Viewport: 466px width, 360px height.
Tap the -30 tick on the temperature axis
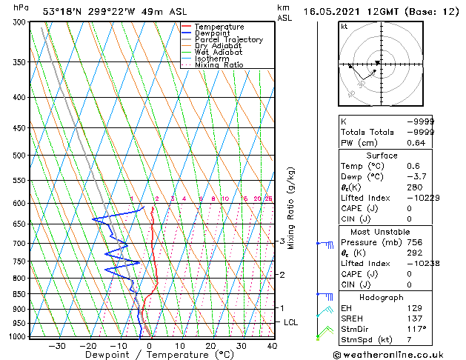[57, 345]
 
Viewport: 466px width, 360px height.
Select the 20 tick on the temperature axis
[210, 345]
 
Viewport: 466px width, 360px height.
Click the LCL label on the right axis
[290, 323]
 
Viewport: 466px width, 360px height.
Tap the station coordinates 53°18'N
[60, 13]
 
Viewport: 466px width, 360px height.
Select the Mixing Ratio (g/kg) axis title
[291, 208]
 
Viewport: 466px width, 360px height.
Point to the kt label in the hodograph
[344, 26]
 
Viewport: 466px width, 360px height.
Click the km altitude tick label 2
[282, 275]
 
